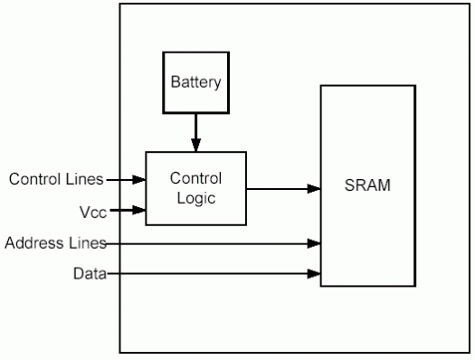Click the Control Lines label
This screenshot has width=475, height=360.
[x=56, y=178]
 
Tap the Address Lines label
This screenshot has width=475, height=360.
[x=56, y=242]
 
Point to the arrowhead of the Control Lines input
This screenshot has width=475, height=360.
[x=140, y=179]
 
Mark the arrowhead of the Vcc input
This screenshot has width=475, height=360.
[x=140, y=211]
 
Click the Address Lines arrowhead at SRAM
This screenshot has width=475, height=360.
[x=316, y=242]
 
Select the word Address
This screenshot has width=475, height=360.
[x=30, y=242]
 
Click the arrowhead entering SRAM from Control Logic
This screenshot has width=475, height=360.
[x=316, y=189]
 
